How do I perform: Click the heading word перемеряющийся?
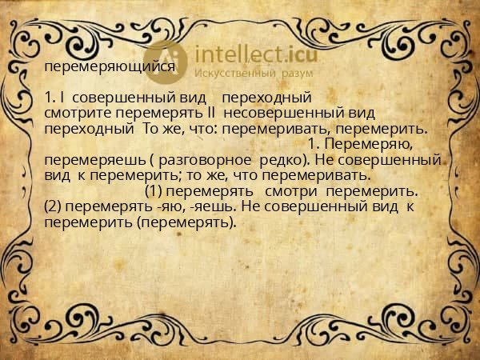[110, 67]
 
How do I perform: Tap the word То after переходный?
[151, 129]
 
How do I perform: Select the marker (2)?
[53, 206]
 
